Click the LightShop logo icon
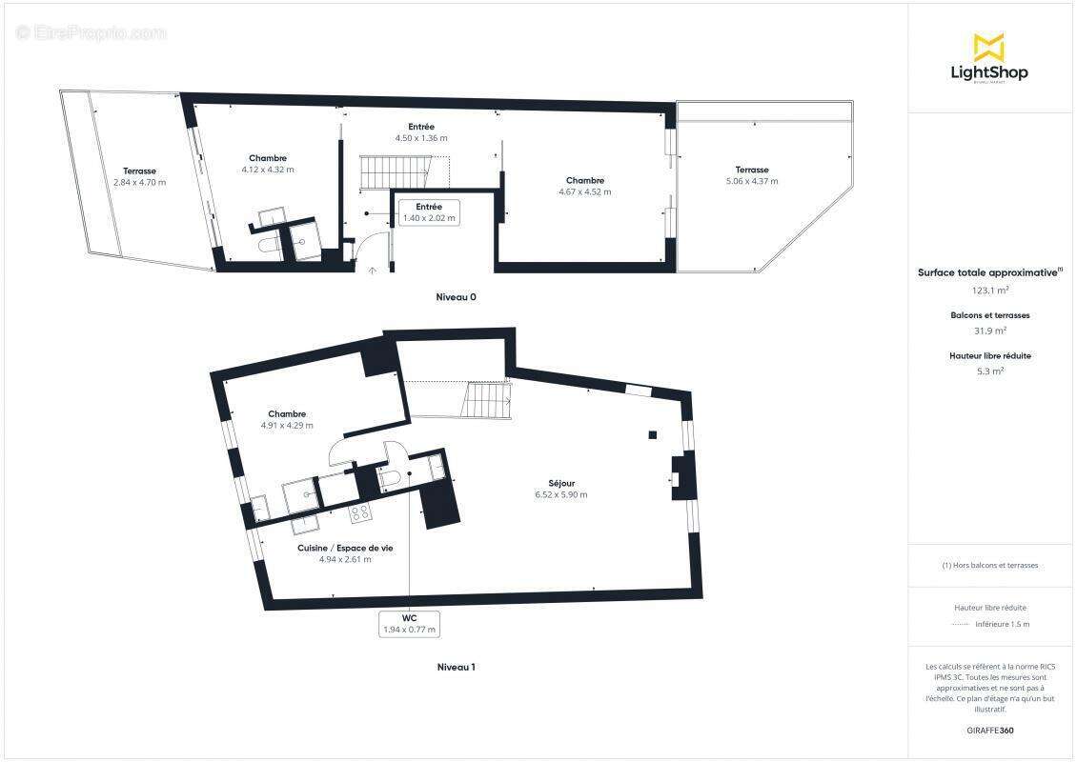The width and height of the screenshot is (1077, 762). tap(988, 47)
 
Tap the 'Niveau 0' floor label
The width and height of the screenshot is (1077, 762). tap(456, 297)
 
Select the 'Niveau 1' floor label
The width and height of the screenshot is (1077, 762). tap(455, 667)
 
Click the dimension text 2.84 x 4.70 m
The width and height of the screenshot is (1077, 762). tap(139, 182)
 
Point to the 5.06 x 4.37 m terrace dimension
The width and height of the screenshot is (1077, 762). tap(751, 181)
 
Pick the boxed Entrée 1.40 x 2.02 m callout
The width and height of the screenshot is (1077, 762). tap(428, 212)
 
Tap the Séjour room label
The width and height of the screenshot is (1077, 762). tap(560, 483)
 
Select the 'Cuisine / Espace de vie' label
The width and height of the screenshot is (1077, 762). tap(344, 548)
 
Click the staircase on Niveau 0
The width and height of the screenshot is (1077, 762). tap(394, 173)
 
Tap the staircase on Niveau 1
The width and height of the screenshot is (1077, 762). tap(487, 400)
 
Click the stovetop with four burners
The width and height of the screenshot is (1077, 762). tap(360, 513)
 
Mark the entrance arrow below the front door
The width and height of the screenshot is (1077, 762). tap(372, 271)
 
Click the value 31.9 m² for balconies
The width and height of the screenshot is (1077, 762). tap(989, 331)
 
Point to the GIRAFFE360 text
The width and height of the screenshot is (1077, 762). tap(989, 731)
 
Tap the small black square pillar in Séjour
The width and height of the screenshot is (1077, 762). tap(652, 435)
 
